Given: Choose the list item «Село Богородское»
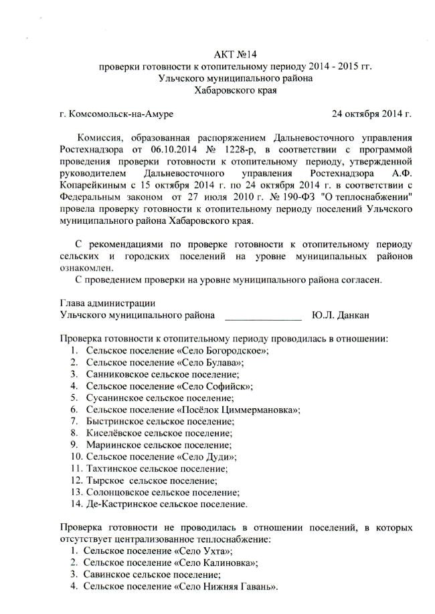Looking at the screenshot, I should [222, 350].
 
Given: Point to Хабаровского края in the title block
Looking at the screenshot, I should [235, 90].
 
